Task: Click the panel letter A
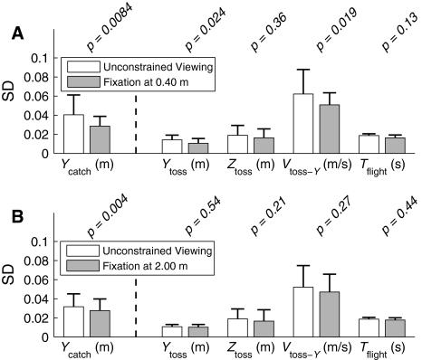click(x=15, y=33)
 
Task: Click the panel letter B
click(x=15, y=217)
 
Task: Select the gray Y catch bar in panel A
click(x=97, y=139)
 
